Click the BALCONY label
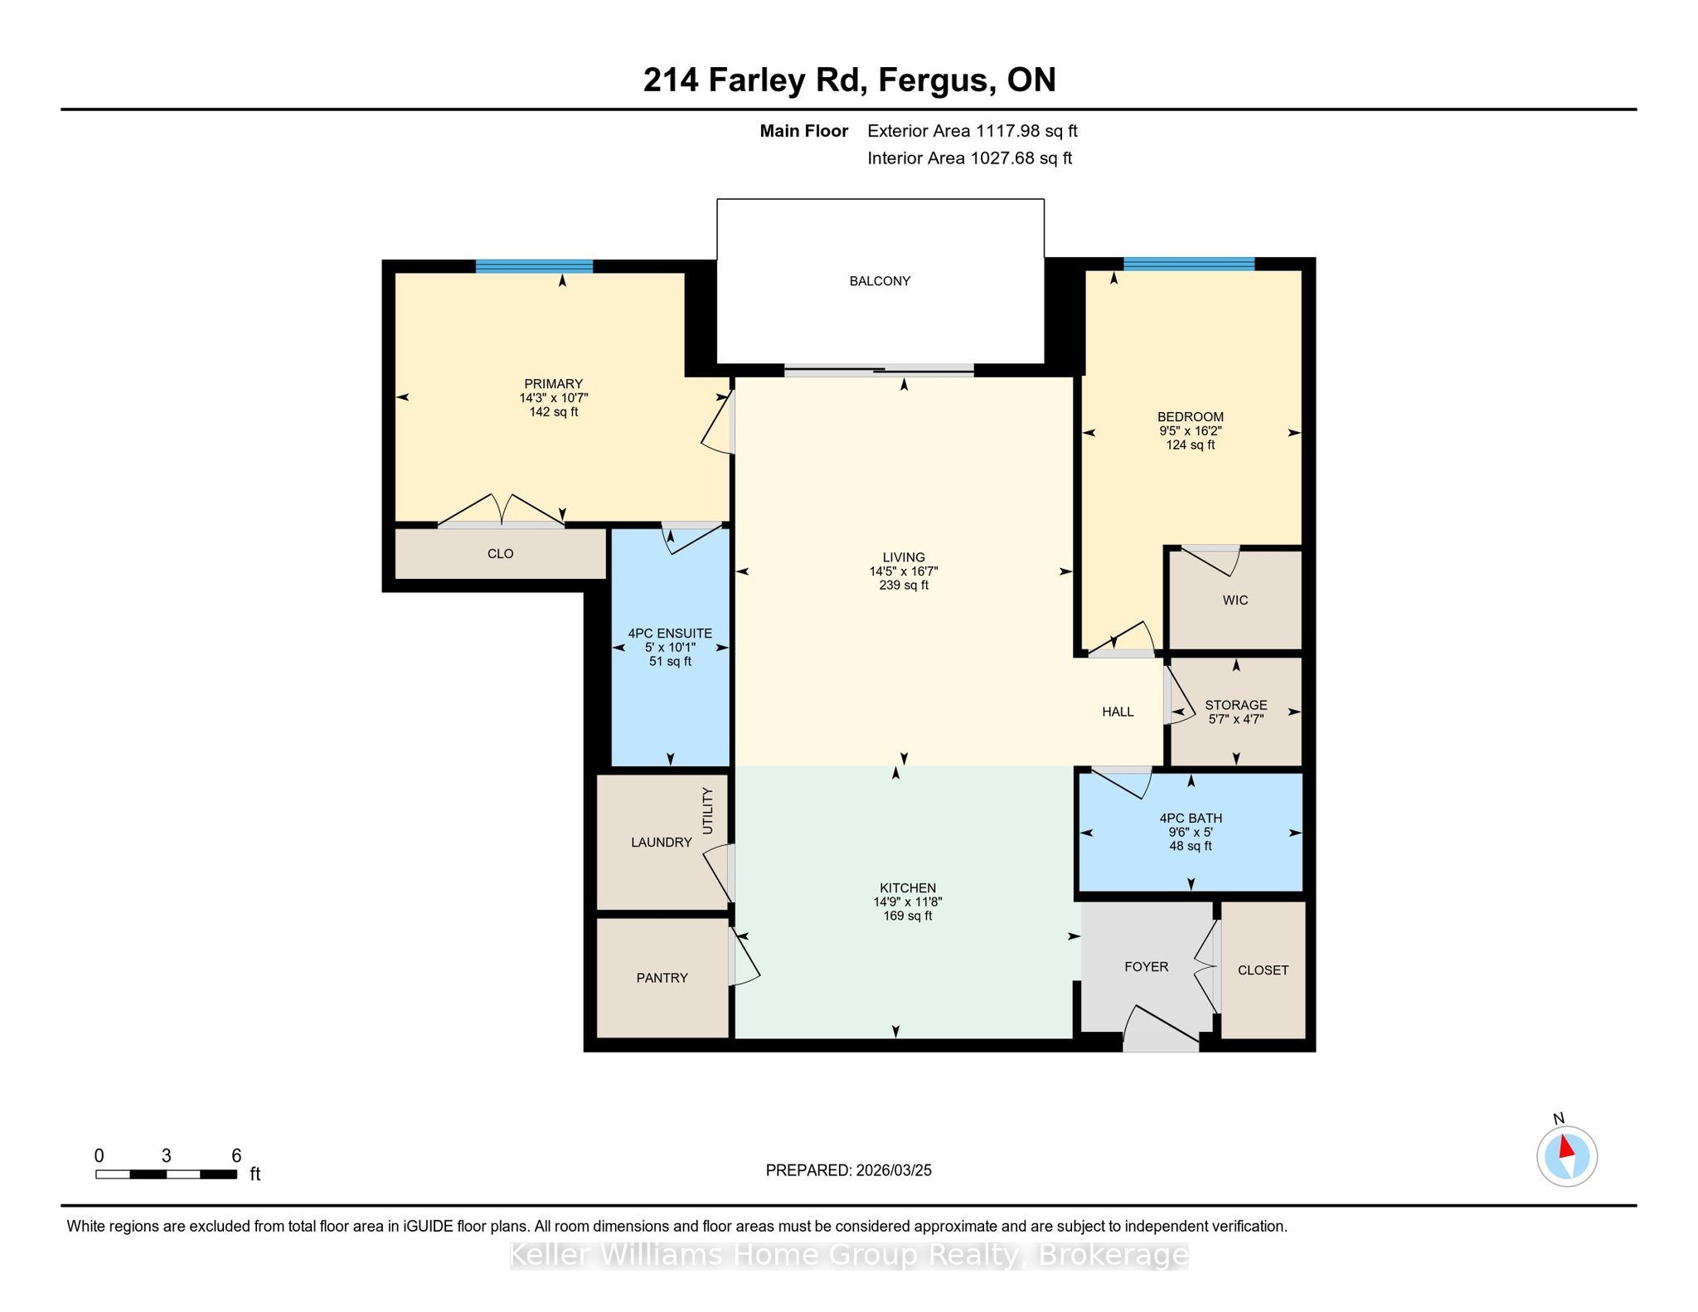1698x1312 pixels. coord(880,281)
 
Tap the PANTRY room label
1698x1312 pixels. coord(662,978)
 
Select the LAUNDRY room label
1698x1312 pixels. coord(661,842)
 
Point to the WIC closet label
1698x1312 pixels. coord(1235,600)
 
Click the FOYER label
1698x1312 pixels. coord(1146,966)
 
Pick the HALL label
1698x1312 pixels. coord(1118,712)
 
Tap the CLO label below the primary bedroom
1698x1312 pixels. coord(501,553)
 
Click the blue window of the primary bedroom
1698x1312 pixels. coord(534,266)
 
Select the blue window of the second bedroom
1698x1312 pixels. coord(1189,264)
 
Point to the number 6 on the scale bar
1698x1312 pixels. coord(236,1155)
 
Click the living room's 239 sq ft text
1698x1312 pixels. coord(904,586)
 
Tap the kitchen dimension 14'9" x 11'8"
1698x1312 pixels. coord(908,901)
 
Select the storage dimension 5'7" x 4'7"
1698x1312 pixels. coord(1235,719)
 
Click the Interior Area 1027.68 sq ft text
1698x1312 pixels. coord(969,158)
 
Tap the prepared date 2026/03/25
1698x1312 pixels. coord(894,1170)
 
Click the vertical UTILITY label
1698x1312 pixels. coord(707,810)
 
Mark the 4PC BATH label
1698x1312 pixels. coord(1191,818)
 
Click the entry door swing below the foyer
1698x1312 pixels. coord(1161,1029)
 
